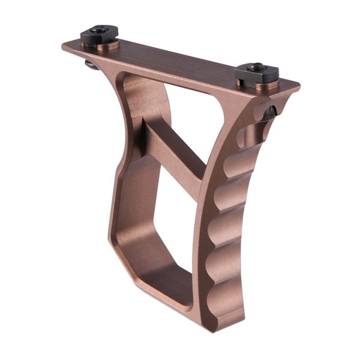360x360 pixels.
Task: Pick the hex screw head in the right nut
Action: (x=256, y=68)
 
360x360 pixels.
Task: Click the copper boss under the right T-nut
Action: (x=258, y=85)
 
